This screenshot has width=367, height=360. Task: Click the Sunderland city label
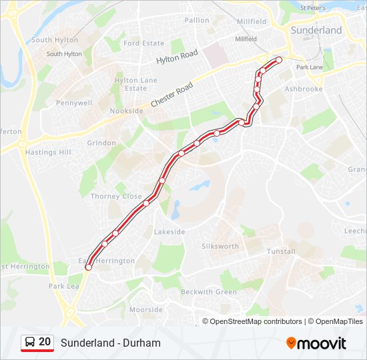coord(316,30)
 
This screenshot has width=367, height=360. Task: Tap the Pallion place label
coord(197,20)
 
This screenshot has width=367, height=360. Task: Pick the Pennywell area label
coord(74,103)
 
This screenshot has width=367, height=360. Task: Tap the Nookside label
coord(127,111)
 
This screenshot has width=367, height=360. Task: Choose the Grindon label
coord(101,143)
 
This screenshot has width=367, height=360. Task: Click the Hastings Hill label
coord(48,152)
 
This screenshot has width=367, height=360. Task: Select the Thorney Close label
coord(116,197)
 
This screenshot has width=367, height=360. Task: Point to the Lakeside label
coord(169,232)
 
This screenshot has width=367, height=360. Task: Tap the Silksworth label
coord(220,246)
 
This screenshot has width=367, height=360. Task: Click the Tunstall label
coord(281,251)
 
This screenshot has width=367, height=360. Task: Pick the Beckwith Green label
coord(209,292)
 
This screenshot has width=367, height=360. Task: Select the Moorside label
coord(145,309)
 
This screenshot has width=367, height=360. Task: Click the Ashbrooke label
coord(304,89)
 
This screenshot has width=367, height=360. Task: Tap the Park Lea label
coord(64,286)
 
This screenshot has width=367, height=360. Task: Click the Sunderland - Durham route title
coord(110,343)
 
